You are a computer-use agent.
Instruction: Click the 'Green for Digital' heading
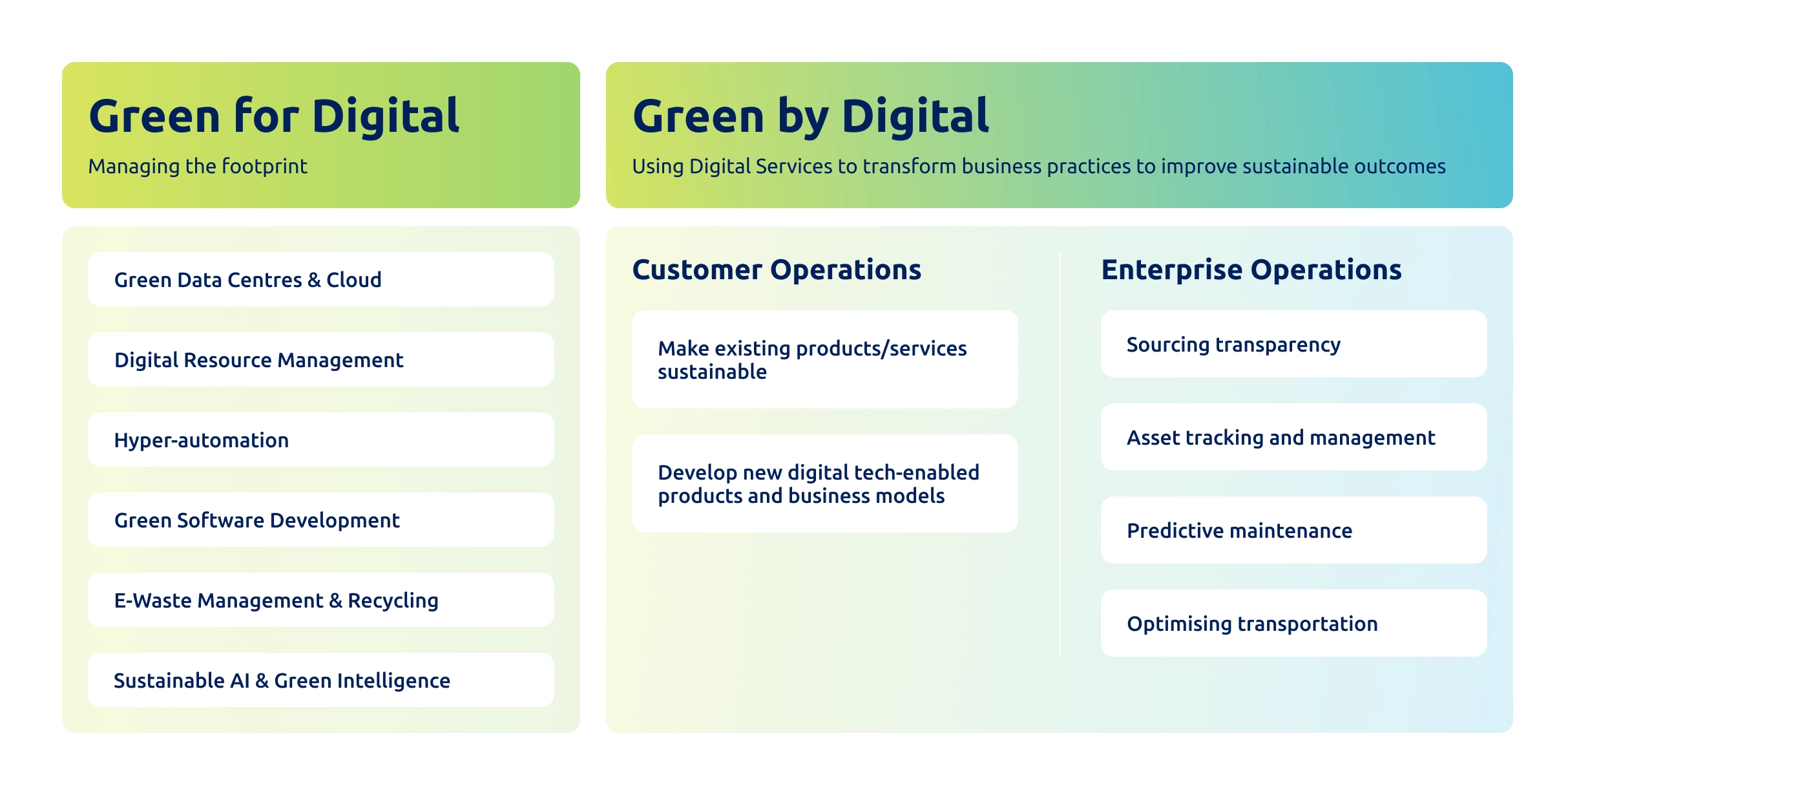click(x=274, y=116)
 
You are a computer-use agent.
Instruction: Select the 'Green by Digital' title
click(x=810, y=116)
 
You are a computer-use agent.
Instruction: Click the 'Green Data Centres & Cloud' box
click(x=320, y=279)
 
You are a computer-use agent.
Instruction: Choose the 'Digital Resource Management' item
click(x=320, y=359)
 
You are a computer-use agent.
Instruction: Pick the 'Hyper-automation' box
click(x=320, y=440)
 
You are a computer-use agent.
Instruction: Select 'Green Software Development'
click(x=320, y=520)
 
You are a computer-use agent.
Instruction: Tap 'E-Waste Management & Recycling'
click(x=320, y=600)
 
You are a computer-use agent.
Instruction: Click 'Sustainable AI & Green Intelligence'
click(x=320, y=680)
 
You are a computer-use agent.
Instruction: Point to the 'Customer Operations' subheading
click(x=776, y=270)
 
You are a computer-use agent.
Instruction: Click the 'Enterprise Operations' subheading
click(x=1251, y=270)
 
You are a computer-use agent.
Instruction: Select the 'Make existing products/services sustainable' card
click(x=824, y=359)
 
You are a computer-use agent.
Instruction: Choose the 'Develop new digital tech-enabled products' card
click(x=824, y=483)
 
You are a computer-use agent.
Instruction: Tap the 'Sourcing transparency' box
click(x=1293, y=344)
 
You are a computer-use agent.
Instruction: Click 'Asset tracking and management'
click(x=1293, y=437)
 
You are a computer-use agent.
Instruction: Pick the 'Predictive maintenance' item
click(x=1293, y=530)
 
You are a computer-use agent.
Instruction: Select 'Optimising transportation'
click(x=1293, y=623)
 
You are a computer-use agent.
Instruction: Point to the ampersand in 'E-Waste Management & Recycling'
click(x=336, y=600)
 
